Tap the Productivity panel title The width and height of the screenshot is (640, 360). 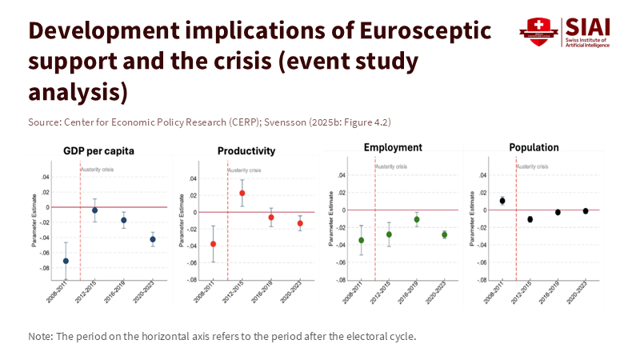[246, 151]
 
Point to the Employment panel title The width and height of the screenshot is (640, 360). [392, 148]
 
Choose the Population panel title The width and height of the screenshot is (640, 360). [534, 148]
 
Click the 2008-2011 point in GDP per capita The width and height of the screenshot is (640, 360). [66, 261]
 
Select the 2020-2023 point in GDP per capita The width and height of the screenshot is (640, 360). [153, 239]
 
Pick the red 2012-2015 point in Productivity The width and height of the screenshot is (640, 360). [242, 193]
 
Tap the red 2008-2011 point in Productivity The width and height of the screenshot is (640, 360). [213, 244]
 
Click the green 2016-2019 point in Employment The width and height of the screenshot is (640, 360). [417, 219]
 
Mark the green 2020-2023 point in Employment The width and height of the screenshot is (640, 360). [445, 234]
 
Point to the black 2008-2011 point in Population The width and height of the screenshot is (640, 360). [502, 201]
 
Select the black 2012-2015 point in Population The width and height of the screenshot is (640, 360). [530, 219]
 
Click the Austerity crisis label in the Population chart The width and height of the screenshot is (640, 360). [534, 166]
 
